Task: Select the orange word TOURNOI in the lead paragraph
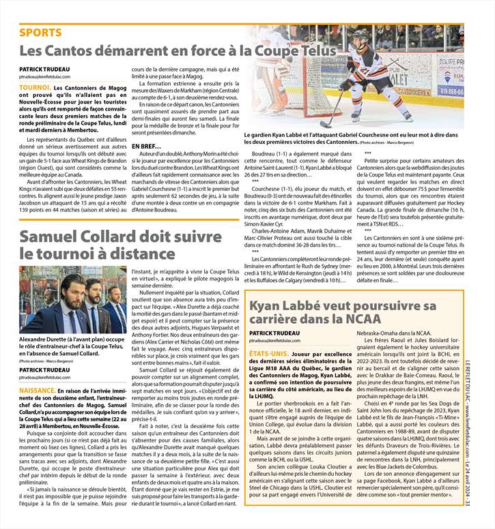click(x=35, y=89)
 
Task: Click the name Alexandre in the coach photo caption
click(x=38, y=339)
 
